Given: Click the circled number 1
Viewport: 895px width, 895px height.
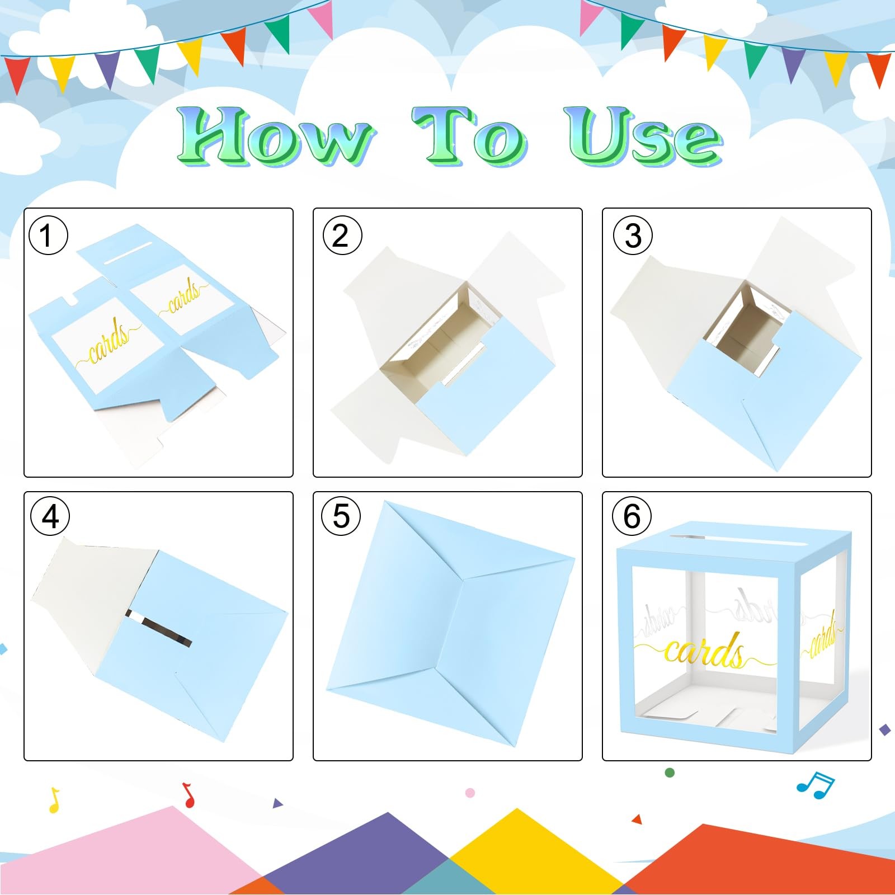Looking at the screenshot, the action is pos(48,235).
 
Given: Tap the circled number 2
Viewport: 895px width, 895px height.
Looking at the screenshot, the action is pos(342,235).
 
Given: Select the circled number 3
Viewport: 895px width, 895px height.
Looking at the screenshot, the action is pos(633,235).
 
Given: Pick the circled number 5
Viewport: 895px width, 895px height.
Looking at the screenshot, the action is pos(341,516).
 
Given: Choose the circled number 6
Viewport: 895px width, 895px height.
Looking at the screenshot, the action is pos(632,516).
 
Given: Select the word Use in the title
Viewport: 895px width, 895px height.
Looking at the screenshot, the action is pos(643,136).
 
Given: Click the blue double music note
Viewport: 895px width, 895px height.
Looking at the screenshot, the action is pos(816,785).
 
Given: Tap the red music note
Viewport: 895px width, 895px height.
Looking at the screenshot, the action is pos(189,795).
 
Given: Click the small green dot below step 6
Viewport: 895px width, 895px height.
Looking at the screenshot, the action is pos(670,772).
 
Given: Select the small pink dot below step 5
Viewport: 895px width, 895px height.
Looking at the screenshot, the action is pos(470,793).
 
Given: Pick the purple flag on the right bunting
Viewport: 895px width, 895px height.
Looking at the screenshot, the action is pos(793,64).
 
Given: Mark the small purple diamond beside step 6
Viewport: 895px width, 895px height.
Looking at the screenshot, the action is pos(885,729).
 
